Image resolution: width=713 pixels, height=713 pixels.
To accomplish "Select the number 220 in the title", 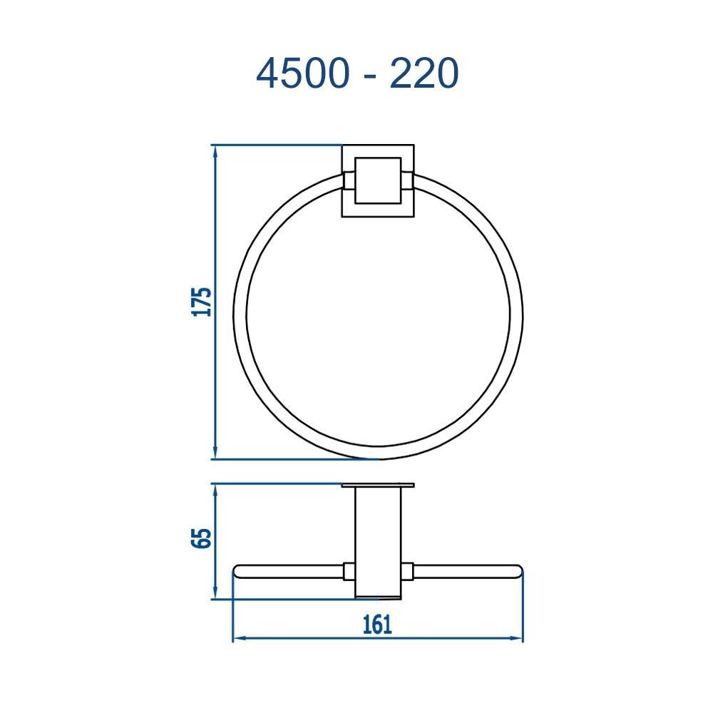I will [423, 73].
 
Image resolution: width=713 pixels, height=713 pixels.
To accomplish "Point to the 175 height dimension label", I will [203, 302].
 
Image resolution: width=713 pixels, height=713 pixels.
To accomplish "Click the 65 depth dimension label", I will [203, 538].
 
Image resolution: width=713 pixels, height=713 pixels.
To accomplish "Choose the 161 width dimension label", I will [377, 625].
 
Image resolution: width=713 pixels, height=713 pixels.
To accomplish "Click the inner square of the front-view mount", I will [378, 181].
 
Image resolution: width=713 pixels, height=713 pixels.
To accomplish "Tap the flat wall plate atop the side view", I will [378, 486].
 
